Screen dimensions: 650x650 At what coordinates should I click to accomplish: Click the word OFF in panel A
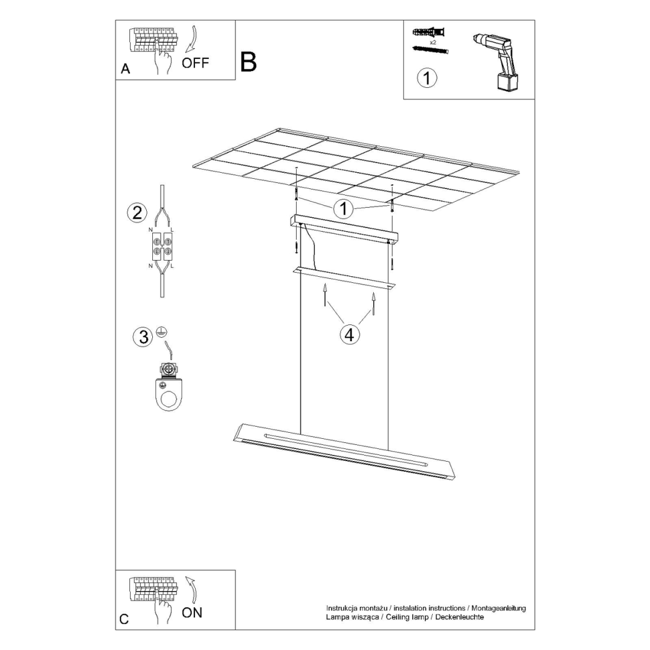tap(196, 63)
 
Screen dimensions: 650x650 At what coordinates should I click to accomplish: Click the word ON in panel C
tap(192, 613)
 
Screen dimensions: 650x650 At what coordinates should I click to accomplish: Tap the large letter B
tap(248, 62)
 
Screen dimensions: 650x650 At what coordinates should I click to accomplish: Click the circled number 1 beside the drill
tap(427, 78)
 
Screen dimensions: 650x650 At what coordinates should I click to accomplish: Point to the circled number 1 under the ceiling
tap(344, 209)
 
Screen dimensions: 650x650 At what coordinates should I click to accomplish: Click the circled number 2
tap(137, 212)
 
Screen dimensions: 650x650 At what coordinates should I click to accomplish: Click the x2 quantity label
tap(433, 43)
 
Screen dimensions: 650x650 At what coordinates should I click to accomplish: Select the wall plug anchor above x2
tap(429, 32)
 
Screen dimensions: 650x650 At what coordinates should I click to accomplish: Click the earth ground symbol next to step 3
tap(161, 331)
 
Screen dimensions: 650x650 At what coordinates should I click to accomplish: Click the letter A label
tap(125, 69)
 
